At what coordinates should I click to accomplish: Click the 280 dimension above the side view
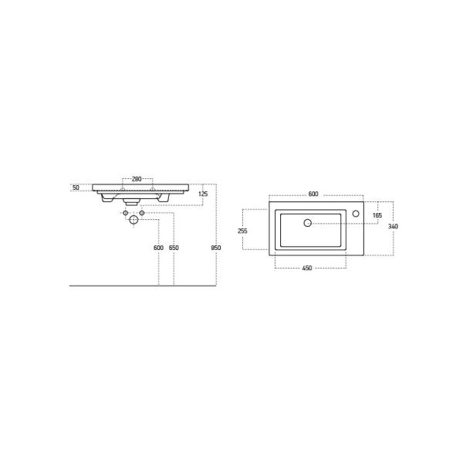pyautogui.click(x=137, y=179)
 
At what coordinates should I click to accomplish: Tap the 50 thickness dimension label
pyautogui.click(x=76, y=188)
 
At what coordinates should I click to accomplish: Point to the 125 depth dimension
pyautogui.click(x=203, y=194)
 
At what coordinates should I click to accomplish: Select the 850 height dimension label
pyautogui.click(x=216, y=248)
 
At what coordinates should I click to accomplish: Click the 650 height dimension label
pyautogui.click(x=174, y=248)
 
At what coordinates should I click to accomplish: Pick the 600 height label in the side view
pyautogui.click(x=158, y=248)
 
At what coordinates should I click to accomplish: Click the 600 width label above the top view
pyautogui.click(x=313, y=194)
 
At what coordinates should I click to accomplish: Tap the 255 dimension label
pyautogui.click(x=243, y=231)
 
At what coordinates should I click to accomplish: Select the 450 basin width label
pyautogui.click(x=307, y=268)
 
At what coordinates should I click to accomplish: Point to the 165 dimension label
pyautogui.click(x=377, y=215)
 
